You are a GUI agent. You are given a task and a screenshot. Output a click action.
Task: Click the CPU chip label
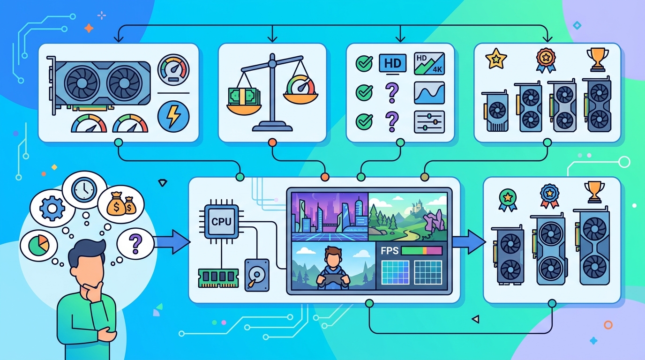[221, 221]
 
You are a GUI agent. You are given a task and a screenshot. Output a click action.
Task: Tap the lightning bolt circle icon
[173, 117]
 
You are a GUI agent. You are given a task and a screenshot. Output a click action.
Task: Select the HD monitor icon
[392, 64]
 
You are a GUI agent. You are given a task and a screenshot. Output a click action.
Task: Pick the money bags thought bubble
[121, 204]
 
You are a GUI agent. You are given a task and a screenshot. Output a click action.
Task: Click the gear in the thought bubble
[52, 208]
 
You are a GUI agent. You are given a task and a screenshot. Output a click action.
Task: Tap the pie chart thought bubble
[38, 245]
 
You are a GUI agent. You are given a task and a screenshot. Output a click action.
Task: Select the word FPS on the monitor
[390, 251]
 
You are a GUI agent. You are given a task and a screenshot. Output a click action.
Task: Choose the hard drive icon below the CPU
[257, 275]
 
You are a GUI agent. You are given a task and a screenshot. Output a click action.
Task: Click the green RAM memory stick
[218, 277]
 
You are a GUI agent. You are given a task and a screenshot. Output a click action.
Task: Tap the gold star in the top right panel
[496, 59]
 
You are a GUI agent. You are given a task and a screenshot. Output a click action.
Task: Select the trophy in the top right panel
[598, 60]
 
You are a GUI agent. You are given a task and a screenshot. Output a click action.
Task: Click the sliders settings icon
[429, 122]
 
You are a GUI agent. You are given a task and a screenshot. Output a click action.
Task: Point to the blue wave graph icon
[429, 93]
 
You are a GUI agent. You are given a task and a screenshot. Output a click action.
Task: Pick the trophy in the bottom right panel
[594, 191]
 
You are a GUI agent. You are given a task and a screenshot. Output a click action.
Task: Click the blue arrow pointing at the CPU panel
[172, 241]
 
